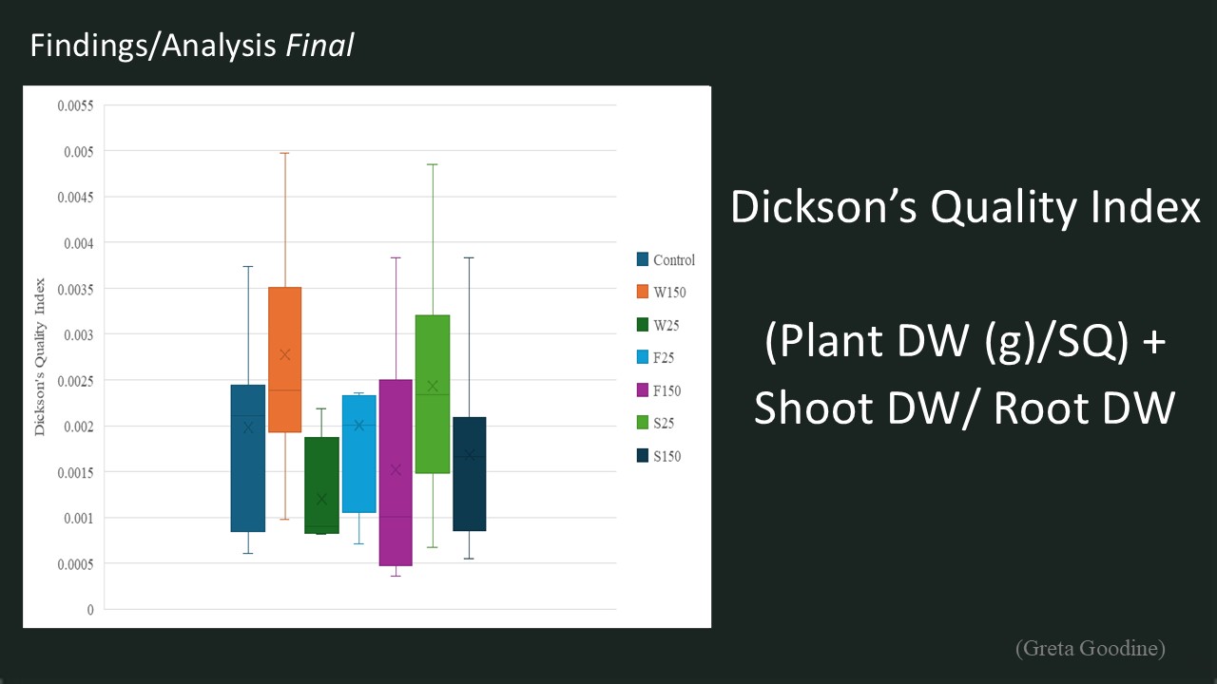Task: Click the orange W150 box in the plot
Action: (x=284, y=359)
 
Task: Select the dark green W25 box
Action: (x=321, y=485)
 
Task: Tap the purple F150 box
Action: (x=396, y=472)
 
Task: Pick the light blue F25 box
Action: (x=359, y=454)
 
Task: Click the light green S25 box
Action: (x=433, y=394)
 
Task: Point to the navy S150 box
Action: (x=470, y=474)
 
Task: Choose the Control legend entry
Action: (x=666, y=259)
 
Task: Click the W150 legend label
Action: (x=669, y=292)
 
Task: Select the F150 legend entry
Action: (x=659, y=390)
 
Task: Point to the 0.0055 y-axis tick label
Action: (x=75, y=105)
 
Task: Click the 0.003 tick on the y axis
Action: (x=79, y=335)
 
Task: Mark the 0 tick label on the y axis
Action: (x=90, y=610)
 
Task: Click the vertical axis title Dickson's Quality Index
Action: (x=40, y=356)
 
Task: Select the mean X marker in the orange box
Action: (x=284, y=354)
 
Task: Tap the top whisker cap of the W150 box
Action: (x=284, y=153)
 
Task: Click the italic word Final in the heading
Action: (x=319, y=45)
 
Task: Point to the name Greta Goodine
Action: (x=1091, y=648)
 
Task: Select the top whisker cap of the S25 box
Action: (x=433, y=164)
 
